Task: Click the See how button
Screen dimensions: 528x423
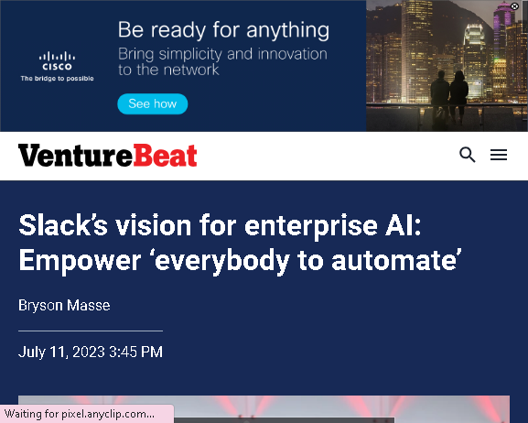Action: [x=153, y=103]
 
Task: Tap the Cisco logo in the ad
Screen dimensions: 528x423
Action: [x=57, y=60]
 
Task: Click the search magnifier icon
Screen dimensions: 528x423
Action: [x=468, y=155]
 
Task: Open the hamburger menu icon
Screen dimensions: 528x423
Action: [x=499, y=155]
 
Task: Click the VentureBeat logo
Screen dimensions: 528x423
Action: [x=108, y=156]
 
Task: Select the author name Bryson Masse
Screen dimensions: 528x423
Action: [x=64, y=306]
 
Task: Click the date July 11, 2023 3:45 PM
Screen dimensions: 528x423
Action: [x=91, y=352]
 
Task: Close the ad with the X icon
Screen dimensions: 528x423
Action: [x=514, y=6]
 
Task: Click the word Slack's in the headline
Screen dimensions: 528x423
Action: [x=63, y=225]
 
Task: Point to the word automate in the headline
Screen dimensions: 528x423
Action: [x=394, y=261]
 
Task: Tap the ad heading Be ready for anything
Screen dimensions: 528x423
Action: [x=223, y=30]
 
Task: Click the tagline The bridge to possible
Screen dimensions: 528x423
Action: [x=57, y=79]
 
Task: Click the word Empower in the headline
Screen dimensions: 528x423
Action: [x=80, y=261]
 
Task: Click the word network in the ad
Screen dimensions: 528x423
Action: [x=188, y=70]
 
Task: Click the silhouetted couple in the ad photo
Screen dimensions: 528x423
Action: [x=449, y=97]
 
